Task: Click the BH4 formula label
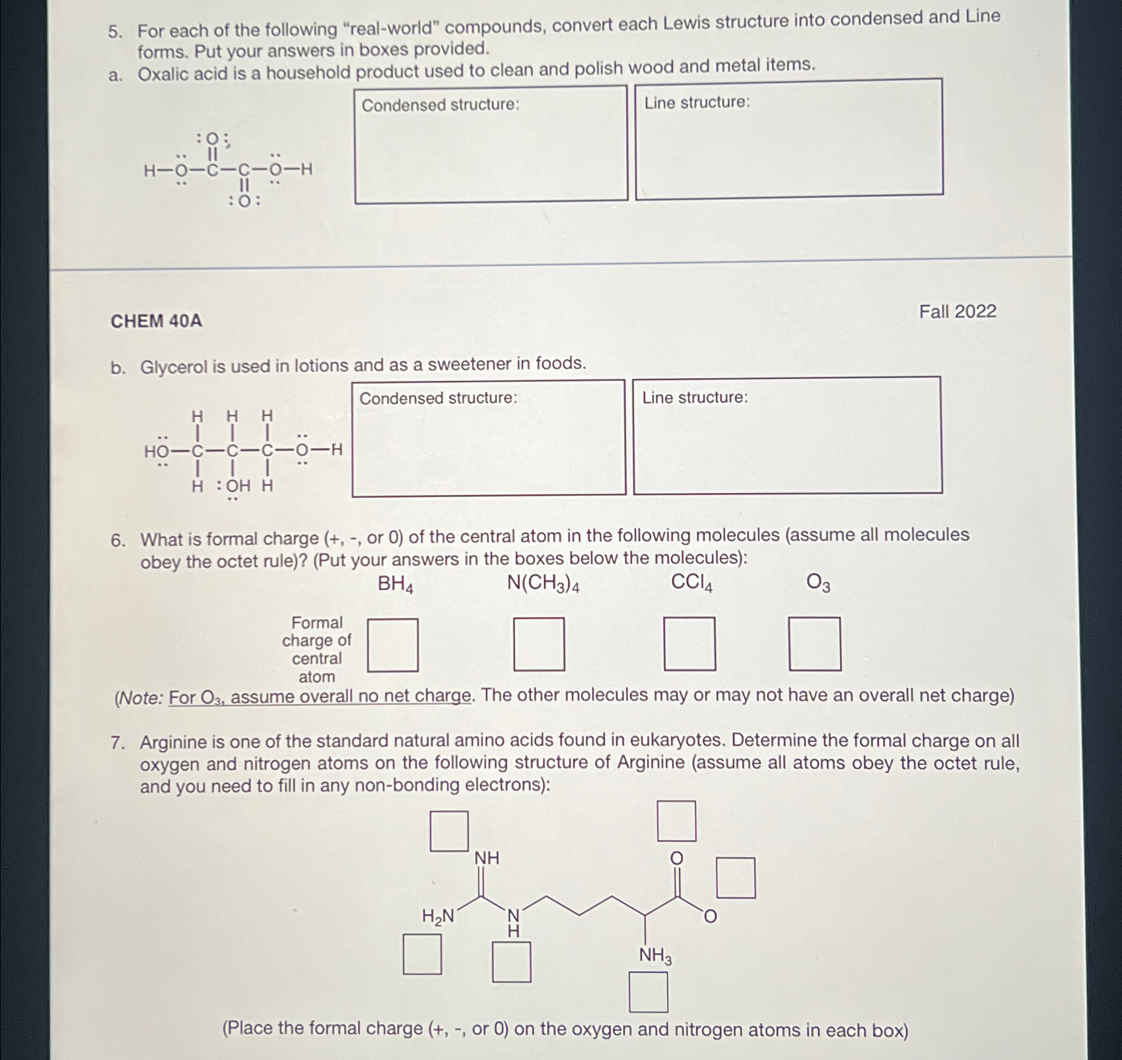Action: [395, 585]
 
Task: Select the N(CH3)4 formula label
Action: [543, 583]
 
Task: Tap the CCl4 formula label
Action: [691, 583]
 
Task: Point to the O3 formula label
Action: [818, 583]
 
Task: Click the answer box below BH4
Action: [393, 645]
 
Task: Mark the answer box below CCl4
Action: [689, 644]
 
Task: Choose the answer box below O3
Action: [815, 644]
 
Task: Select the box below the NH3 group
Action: [648, 993]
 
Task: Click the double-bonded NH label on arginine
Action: [487, 859]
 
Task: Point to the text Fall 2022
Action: [958, 312]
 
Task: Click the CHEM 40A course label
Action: [157, 321]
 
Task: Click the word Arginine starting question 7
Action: [173, 743]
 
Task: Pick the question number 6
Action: [118, 541]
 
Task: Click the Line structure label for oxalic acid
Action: [697, 102]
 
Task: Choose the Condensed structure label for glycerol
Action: [438, 398]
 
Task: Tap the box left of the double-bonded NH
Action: [449, 832]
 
